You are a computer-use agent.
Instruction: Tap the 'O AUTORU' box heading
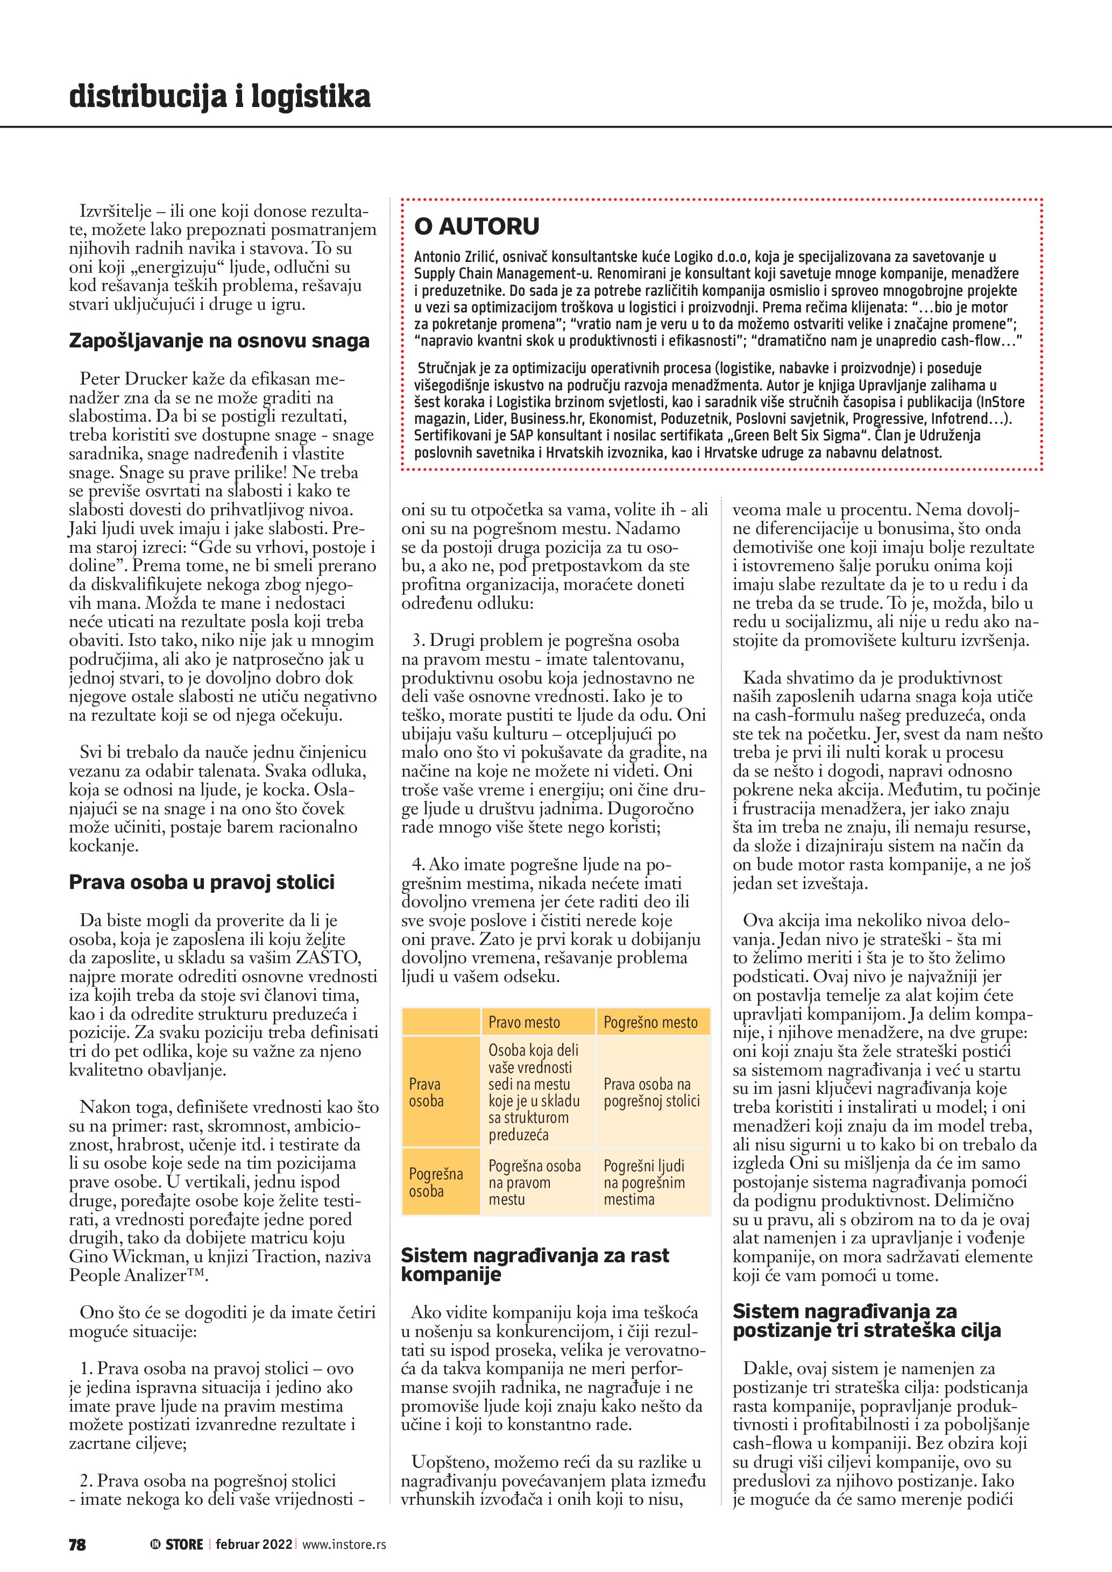477,226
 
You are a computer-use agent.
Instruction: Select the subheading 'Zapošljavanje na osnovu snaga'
219,341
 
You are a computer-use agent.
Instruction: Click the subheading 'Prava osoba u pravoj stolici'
201,882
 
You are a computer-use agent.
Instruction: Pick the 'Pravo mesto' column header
524,1022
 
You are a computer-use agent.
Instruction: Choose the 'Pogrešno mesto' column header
650,1022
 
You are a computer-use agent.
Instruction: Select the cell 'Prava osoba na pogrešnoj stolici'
651,1092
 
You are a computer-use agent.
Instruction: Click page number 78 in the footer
77,1544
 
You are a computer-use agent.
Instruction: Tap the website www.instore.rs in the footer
344,1544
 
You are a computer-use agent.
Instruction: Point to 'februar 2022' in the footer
253,1544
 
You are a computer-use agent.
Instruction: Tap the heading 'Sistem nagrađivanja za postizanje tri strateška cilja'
866,1320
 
